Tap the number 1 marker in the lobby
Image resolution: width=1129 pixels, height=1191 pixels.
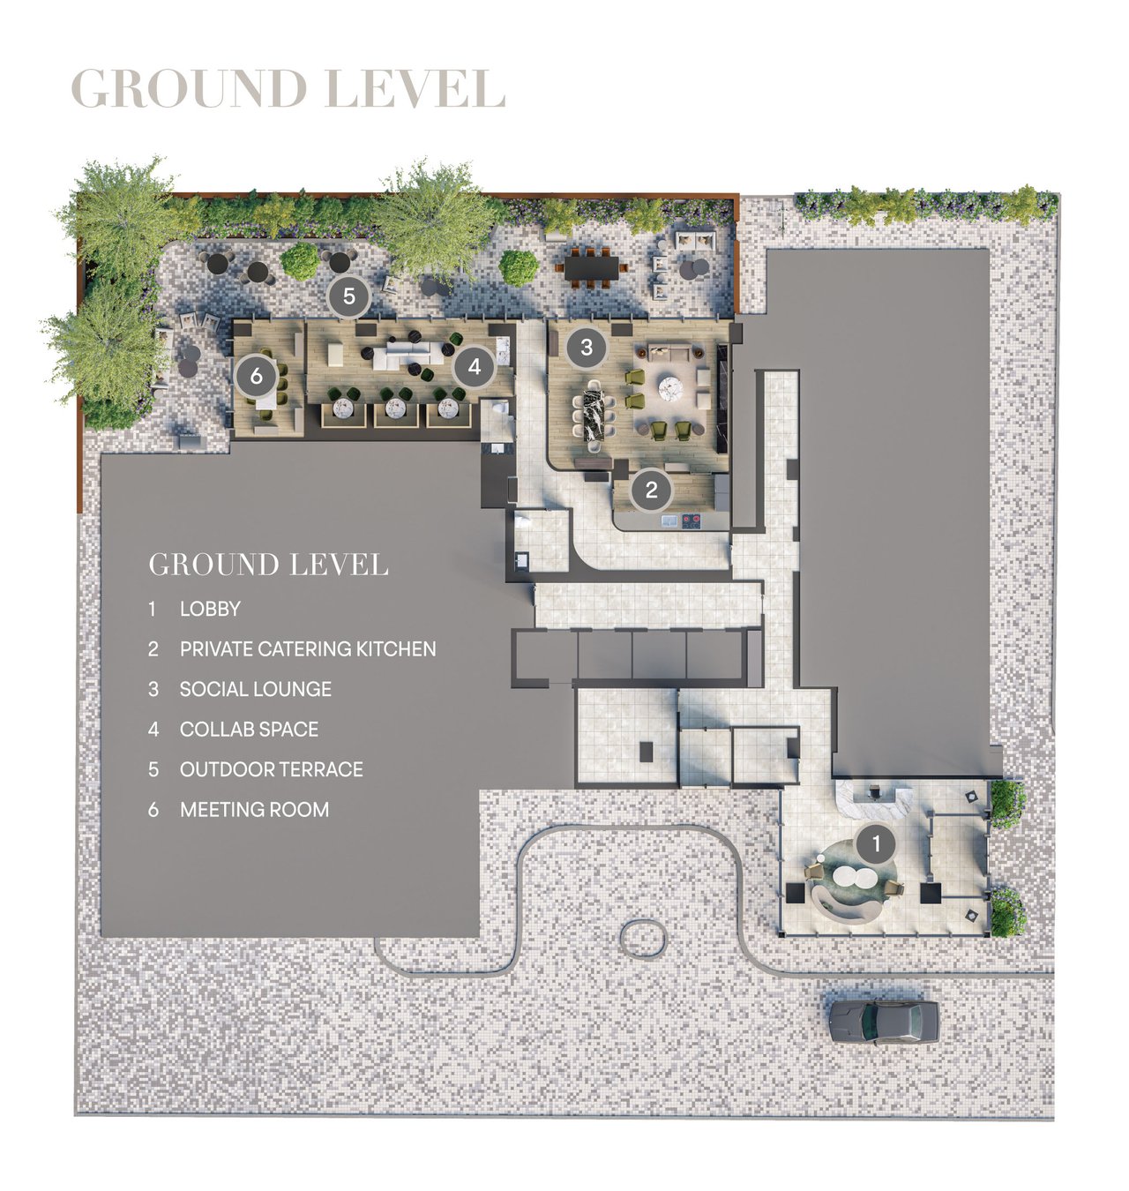(875, 844)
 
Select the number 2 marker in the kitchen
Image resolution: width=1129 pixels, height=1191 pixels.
(651, 489)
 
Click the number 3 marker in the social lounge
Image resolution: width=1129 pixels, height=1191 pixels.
(587, 347)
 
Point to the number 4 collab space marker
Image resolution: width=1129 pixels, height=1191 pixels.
(475, 365)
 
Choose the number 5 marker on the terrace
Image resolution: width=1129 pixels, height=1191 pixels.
(349, 296)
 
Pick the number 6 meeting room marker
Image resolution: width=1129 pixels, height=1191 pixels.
(256, 376)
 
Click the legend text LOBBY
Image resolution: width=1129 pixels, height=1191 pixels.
(210, 609)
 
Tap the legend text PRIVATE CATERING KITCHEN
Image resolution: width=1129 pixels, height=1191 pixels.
(308, 649)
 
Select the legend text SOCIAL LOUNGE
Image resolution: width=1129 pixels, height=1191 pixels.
(256, 689)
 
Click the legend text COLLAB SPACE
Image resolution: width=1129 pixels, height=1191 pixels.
(249, 730)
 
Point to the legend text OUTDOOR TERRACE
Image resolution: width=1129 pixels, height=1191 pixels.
(272, 769)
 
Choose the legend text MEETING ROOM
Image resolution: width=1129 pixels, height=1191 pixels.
(254, 810)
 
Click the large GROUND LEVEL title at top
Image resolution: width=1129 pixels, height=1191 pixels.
(288, 89)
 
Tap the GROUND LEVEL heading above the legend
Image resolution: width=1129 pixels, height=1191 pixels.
(268, 565)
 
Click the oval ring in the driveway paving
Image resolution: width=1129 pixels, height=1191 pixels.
(643, 937)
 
